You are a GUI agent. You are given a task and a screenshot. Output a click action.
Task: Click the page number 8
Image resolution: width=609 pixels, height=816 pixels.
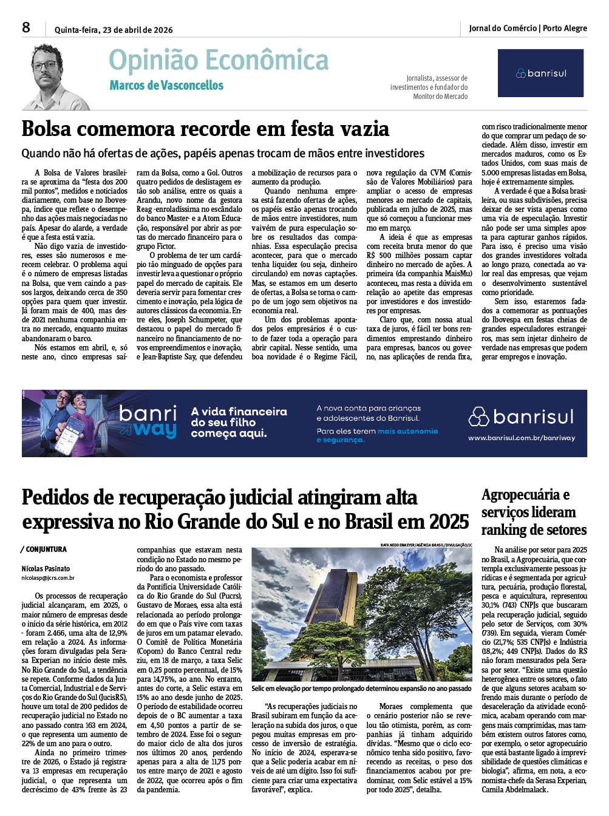tap(26, 27)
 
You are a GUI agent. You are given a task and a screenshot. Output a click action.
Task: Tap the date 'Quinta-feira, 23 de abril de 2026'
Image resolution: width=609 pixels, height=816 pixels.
tap(114, 30)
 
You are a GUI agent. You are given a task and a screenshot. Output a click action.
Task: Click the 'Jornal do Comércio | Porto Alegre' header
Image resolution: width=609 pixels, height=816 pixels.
tap(528, 28)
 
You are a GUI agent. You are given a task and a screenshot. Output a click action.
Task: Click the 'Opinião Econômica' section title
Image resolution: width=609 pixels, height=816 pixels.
tap(219, 61)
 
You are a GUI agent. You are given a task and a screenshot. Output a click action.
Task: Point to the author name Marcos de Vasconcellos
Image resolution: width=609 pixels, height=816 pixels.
tap(166, 86)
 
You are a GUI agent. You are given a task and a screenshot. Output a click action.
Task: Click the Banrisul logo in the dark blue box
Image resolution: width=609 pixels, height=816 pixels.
tap(541, 73)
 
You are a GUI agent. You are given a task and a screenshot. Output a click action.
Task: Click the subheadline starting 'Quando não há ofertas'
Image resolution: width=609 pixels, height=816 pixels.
tap(223, 153)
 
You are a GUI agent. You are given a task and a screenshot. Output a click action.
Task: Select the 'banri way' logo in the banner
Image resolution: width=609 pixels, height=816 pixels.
tap(148, 422)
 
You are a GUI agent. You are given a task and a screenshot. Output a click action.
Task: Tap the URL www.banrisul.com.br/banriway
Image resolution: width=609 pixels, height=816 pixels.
tap(521, 438)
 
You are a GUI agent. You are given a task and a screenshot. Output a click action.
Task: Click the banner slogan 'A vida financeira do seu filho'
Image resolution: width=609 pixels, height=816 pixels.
tap(238, 417)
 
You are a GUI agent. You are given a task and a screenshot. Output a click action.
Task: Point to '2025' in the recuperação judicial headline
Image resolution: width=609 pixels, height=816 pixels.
tap(449, 522)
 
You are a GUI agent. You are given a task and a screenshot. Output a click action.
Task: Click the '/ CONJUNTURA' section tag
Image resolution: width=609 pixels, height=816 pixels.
tap(44, 549)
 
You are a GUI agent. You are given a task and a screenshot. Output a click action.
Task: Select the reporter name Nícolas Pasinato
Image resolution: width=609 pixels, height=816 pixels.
tap(46, 569)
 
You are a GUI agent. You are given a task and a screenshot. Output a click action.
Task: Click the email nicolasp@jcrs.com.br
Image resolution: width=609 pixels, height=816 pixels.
tap(48, 579)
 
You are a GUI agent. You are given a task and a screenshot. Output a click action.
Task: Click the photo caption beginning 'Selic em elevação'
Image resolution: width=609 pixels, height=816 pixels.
tap(361, 688)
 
